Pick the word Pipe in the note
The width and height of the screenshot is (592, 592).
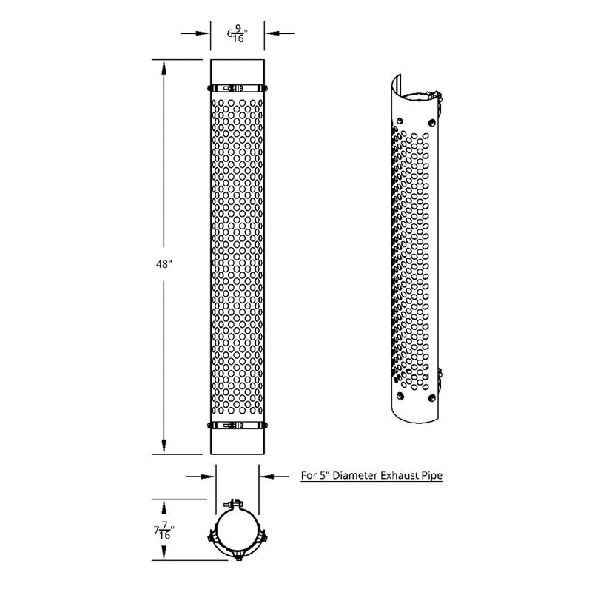pos(432,477)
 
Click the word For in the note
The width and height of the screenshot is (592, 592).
pos(308,477)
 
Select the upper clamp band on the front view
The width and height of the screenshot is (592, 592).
pos(238,87)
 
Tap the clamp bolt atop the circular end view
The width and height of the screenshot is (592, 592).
pos(238,505)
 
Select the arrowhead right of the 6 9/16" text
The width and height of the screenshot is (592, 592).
pos(269,33)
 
